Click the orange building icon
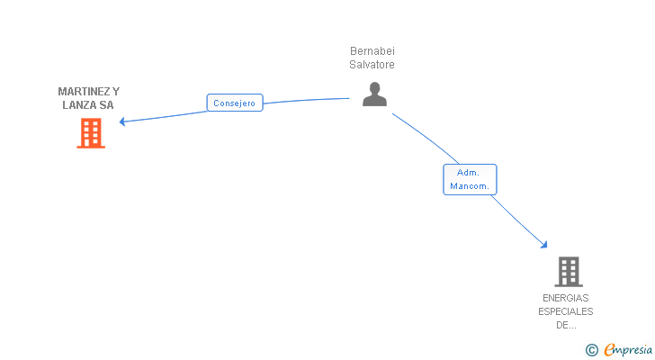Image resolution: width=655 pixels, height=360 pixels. click(90, 133)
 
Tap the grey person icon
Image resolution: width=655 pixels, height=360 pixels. click(374, 94)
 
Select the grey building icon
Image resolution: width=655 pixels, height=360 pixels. click(568, 271)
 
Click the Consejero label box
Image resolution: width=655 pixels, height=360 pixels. click(235, 103)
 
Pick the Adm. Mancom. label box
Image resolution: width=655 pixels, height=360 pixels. click(470, 179)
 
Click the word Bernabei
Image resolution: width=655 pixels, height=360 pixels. click(372, 51)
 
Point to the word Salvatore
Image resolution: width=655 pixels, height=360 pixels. click(372, 65)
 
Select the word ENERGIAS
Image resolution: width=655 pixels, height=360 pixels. click(566, 298)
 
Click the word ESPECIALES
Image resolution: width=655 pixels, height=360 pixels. click(566, 311)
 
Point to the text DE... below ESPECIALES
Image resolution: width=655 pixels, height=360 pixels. click(566, 325)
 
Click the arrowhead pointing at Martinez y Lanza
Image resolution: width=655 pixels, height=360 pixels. click(123, 121)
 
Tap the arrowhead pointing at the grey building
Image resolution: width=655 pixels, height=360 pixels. click(543, 243)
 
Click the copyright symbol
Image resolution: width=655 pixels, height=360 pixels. click(592, 350)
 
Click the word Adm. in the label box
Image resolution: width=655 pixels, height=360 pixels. click(468, 173)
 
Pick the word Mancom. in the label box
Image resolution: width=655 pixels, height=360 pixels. click(470, 186)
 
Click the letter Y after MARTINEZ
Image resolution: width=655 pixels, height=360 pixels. click(116, 92)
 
